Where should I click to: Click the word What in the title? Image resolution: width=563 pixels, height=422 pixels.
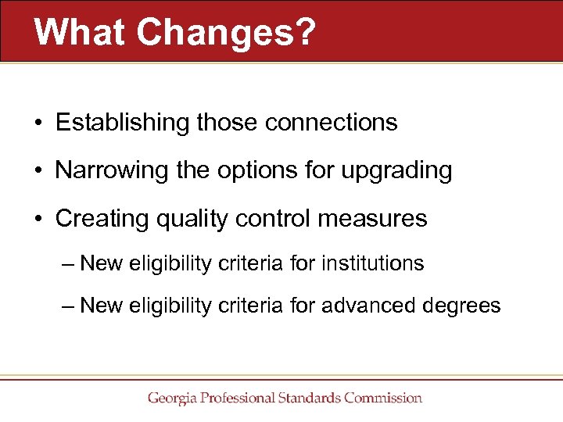[x=80, y=31]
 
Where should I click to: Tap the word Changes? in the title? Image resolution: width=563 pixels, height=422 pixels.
[x=225, y=31]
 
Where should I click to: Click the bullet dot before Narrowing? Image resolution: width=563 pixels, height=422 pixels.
[x=38, y=171]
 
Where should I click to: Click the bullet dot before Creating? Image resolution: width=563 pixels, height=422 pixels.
[x=38, y=219]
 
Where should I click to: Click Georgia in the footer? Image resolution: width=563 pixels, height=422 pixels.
[x=172, y=399]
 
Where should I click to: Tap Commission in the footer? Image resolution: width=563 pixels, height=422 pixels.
[x=382, y=398]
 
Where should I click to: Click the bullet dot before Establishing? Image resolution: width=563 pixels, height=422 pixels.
[x=38, y=123]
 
